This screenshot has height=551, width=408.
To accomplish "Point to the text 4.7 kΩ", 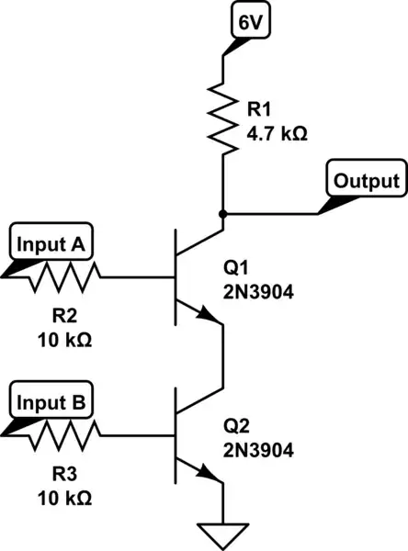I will tap(277, 132).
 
